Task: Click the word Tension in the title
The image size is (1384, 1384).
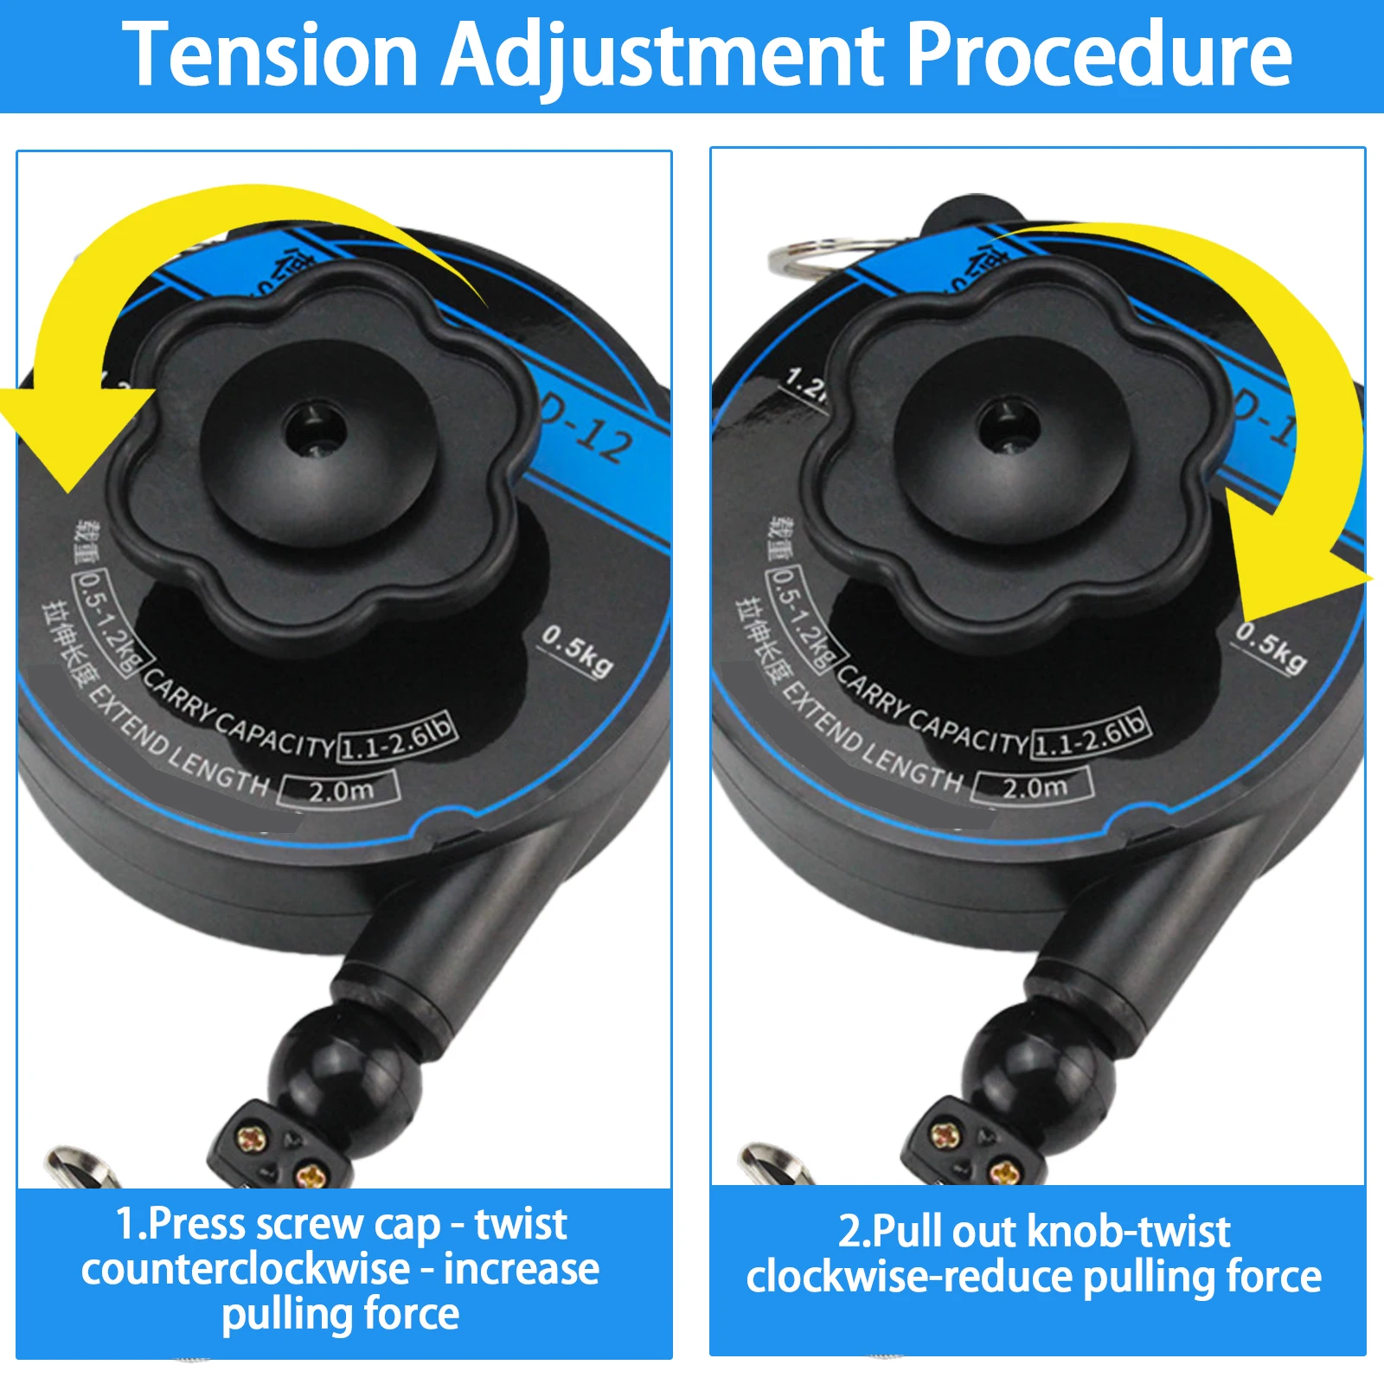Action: (270, 55)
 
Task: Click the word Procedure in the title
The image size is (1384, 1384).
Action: (1099, 55)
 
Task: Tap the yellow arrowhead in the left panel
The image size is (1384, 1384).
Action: (65, 432)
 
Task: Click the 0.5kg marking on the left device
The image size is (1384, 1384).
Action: (578, 650)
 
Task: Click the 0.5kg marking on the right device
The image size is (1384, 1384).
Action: (1270, 647)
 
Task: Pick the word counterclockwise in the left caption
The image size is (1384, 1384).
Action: (246, 1270)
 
